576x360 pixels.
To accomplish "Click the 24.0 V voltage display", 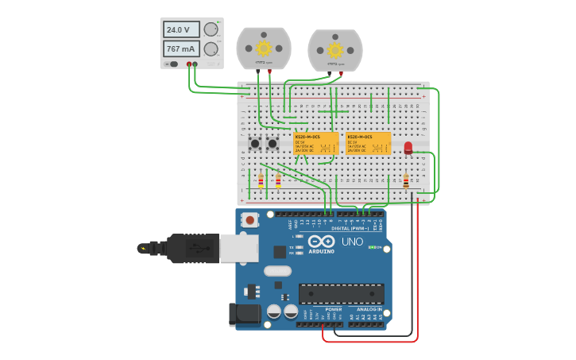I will (181, 29).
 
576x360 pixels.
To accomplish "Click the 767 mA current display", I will (181, 49).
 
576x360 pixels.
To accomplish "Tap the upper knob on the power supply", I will (211, 29).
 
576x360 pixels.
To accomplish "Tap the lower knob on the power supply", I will (211, 49).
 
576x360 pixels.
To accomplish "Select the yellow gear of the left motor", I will (264, 48).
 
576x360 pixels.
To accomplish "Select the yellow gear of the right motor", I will (335, 50).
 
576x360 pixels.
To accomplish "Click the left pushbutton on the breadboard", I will (255, 144).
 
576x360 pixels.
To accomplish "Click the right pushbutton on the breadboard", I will (273, 144).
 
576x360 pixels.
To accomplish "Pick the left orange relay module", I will (316, 144).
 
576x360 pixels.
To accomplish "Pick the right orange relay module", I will (369, 144).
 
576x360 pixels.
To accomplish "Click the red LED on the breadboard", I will (408, 148).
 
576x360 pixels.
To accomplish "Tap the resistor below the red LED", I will (406, 182).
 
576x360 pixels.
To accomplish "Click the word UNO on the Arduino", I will (352, 242).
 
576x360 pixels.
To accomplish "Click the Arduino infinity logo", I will (322, 242).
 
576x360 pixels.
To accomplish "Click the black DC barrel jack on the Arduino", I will (245, 314).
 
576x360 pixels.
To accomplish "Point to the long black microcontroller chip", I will (341, 293).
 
